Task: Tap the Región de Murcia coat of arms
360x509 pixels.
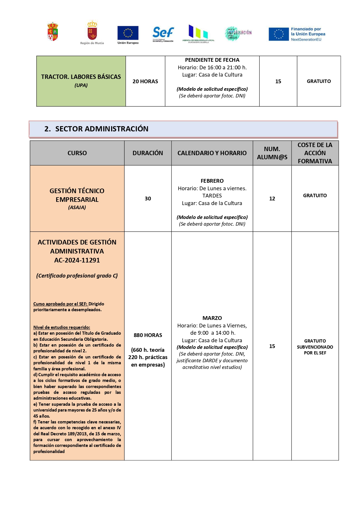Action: click(x=92, y=31)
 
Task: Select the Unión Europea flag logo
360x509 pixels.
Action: click(x=128, y=33)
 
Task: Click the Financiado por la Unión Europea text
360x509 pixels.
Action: click(x=308, y=34)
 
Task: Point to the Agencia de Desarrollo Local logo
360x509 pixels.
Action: click(x=198, y=34)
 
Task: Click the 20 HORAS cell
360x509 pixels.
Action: click(x=145, y=81)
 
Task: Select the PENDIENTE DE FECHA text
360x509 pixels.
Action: click(x=212, y=60)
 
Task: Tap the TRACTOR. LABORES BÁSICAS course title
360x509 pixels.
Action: click(x=81, y=77)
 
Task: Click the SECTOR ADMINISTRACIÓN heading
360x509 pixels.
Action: click(x=102, y=129)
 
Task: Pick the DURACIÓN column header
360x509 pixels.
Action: click(x=148, y=153)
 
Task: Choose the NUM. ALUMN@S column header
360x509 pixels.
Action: click(x=272, y=153)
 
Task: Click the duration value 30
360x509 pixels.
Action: click(x=148, y=199)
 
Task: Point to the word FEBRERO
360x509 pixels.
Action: click(x=212, y=181)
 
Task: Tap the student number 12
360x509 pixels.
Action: click(x=272, y=199)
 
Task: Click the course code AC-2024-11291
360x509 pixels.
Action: click(x=77, y=260)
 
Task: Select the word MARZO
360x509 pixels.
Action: click(x=212, y=318)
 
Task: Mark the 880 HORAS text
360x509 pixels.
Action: click(x=148, y=335)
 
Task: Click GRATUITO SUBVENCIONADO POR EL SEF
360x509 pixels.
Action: click(x=315, y=347)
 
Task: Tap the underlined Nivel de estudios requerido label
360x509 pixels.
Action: click(x=62, y=327)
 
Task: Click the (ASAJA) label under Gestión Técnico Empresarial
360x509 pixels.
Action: click(x=77, y=207)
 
